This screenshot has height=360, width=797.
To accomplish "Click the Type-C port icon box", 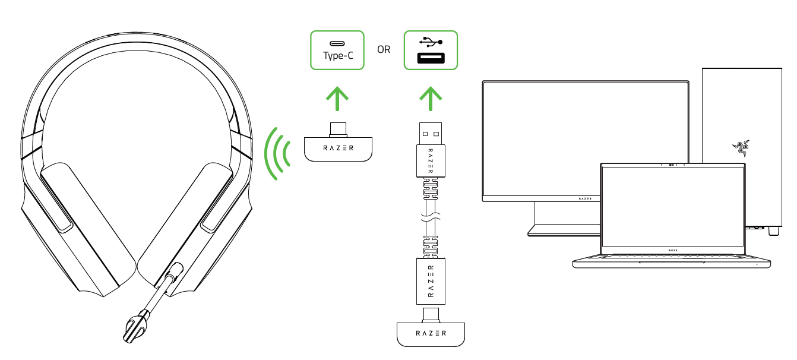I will [337, 50].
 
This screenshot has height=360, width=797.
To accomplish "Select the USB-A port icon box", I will [431, 50].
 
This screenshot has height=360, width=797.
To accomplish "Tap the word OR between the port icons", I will [384, 50].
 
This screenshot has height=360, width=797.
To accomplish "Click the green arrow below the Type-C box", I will [337, 99].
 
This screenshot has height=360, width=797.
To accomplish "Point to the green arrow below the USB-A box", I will [431, 99].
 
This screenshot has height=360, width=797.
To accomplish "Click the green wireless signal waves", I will [278, 153].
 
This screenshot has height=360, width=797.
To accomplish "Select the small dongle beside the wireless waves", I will [337, 147].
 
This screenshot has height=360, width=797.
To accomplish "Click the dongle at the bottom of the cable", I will [431, 333].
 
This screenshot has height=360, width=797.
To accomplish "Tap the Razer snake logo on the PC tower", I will [740, 146].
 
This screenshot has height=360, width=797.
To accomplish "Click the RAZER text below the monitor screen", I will [585, 197].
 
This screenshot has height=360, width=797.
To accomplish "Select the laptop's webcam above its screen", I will [672, 165].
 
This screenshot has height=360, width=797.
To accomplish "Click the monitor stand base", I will [564, 230].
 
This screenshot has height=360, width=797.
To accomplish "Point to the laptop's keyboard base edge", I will [672, 262].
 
